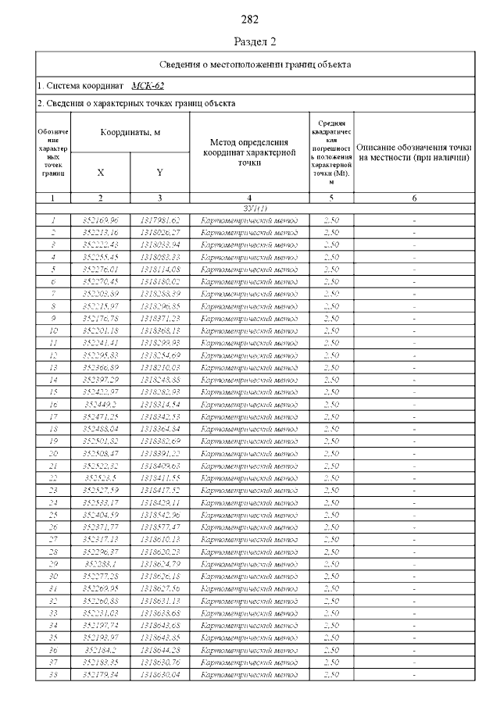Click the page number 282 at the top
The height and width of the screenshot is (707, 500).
click(250, 19)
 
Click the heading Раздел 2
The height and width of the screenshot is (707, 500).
click(250, 41)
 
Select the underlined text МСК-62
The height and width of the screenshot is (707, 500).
click(148, 86)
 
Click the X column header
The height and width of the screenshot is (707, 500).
click(100, 173)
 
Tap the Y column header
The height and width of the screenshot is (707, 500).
click(159, 173)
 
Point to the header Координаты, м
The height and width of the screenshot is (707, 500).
click(130, 133)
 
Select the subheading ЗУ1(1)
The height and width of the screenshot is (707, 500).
click(255, 209)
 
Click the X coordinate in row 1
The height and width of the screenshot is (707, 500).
click(100, 220)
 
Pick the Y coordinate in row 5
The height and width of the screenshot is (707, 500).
click(159, 269)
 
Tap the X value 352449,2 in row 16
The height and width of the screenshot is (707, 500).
click(100, 404)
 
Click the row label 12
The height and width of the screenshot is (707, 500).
click(53, 355)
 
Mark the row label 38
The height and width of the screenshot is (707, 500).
click(53, 674)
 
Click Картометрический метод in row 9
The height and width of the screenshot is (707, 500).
click(248, 318)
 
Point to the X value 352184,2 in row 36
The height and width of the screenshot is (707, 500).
click(100, 650)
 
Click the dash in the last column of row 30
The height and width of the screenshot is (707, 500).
click(414, 576)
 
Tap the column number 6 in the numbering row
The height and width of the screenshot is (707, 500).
click(414, 198)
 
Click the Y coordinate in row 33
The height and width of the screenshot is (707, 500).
click(159, 612)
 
